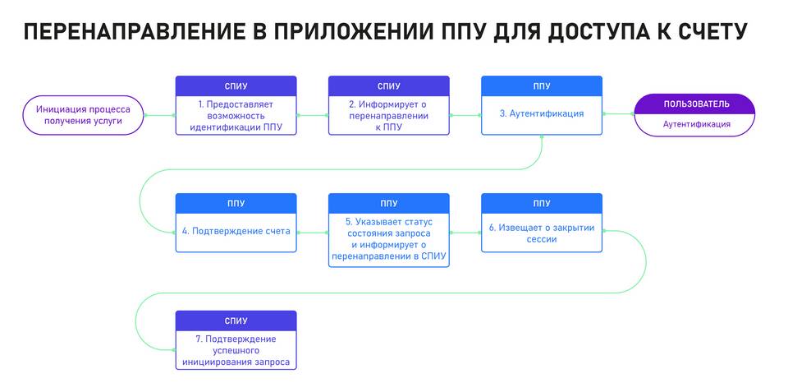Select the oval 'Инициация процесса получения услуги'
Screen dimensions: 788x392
click(84, 115)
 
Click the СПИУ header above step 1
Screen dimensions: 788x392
click(236, 86)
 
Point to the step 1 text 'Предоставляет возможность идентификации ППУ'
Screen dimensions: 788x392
click(236, 116)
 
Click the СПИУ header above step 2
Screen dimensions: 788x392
click(389, 86)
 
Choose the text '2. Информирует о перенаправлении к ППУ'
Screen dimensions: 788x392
click(389, 116)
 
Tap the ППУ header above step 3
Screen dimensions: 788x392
click(542, 86)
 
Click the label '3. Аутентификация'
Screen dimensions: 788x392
click(542, 113)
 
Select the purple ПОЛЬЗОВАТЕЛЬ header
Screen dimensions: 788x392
click(695, 104)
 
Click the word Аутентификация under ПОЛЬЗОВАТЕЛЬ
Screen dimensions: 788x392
click(697, 124)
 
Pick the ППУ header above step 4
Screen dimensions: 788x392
click(236, 203)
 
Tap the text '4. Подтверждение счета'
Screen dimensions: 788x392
click(236, 232)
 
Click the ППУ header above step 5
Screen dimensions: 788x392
click(389, 203)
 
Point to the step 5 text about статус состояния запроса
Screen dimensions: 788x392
click(389, 240)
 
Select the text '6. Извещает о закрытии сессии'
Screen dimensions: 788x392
click(542, 233)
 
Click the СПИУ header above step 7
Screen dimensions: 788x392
click(236, 321)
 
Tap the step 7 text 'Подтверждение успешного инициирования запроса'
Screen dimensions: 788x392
click(236, 351)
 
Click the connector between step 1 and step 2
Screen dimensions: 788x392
click(313, 115)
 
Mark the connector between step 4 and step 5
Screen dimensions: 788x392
click(313, 233)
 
